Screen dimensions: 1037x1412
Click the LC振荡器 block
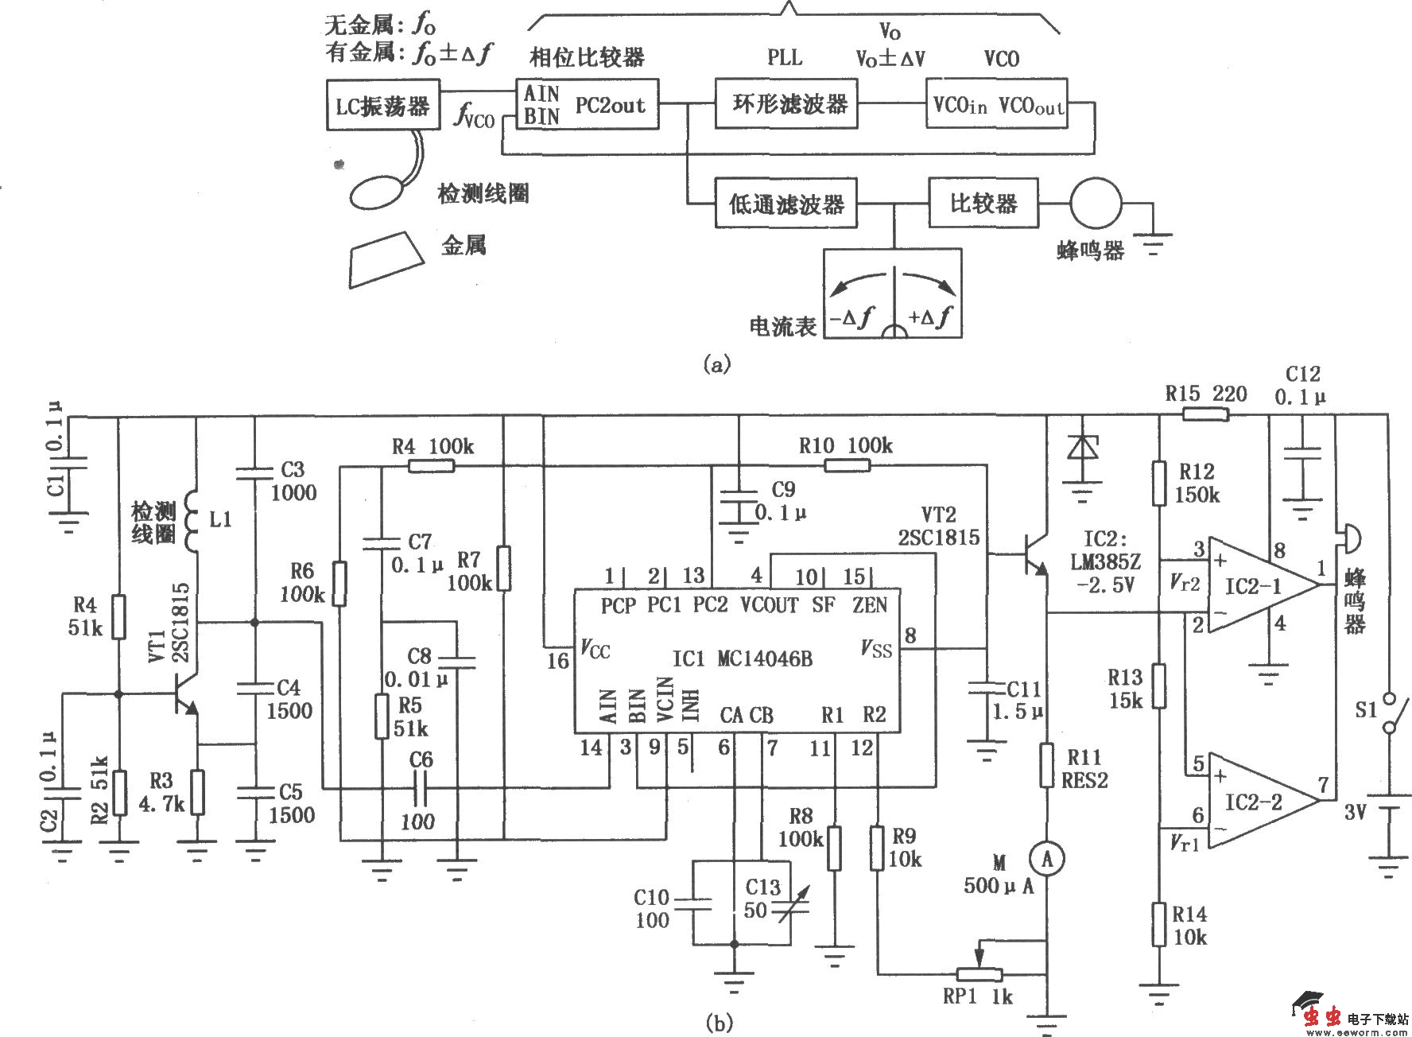point(382,105)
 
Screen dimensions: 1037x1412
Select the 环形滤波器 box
point(786,104)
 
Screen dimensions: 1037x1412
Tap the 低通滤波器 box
point(786,204)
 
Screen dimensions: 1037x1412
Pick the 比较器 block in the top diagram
point(983,204)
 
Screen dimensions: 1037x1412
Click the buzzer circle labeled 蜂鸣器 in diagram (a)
point(1096,203)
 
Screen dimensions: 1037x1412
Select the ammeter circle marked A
point(1047,858)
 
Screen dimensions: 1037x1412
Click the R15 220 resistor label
point(1205,394)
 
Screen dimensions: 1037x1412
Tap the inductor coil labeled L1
point(191,521)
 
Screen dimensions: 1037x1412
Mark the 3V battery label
point(1356,812)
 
